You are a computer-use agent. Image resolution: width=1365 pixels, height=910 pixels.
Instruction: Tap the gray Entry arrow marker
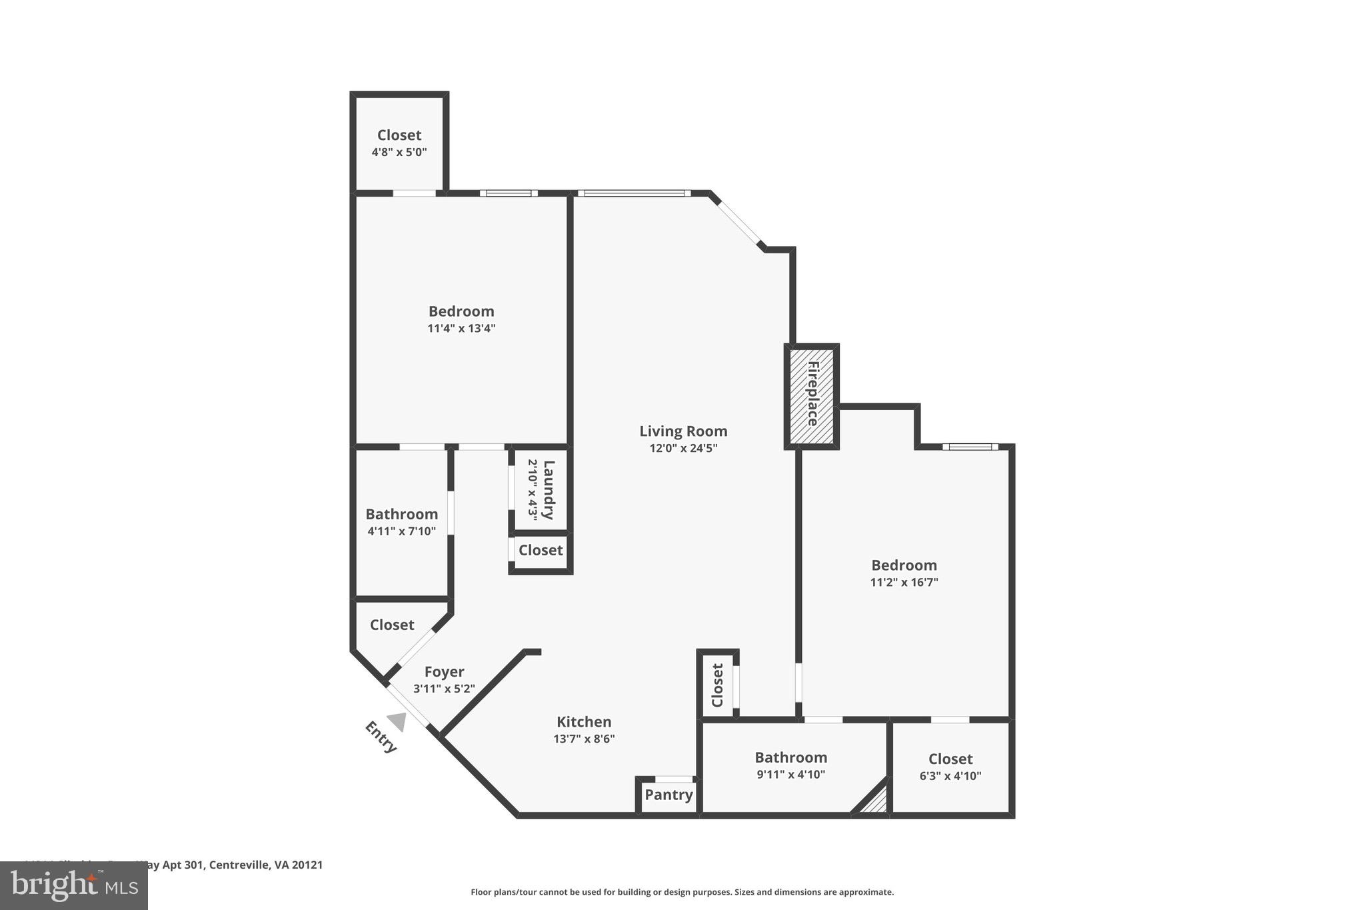click(x=397, y=721)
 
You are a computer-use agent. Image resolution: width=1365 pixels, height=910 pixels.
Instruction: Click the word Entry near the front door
click(x=381, y=737)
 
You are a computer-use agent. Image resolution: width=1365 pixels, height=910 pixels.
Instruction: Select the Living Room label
click(x=683, y=431)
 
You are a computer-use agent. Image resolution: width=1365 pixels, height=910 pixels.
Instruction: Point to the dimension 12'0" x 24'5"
click(x=683, y=449)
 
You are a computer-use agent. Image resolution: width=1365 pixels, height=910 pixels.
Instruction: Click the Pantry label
click(x=669, y=795)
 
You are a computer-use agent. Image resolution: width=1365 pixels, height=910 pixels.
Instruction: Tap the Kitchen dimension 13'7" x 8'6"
click(x=584, y=739)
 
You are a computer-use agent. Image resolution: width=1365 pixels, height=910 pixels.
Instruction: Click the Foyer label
click(x=444, y=672)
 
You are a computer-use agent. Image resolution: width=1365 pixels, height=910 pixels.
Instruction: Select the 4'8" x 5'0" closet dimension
click(x=399, y=152)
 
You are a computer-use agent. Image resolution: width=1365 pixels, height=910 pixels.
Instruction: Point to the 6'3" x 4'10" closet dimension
click(x=950, y=776)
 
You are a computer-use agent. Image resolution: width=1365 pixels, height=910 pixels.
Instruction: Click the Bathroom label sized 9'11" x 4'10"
click(x=790, y=757)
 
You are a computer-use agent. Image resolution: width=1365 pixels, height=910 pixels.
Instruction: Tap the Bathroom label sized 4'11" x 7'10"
click(x=401, y=515)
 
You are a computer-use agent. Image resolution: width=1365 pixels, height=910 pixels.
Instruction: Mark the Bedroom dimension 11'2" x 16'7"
click(x=904, y=582)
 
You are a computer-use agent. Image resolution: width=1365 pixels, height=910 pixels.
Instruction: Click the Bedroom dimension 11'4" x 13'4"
click(x=461, y=329)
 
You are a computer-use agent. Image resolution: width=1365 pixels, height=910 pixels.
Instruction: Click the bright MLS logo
click(x=73, y=886)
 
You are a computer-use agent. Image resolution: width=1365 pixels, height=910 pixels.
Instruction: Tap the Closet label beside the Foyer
click(x=392, y=625)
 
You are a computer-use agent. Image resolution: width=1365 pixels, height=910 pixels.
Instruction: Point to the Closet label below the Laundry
click(x=541, y=550)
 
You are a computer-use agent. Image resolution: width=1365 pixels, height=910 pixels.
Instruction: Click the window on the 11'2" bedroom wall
click(x=970, y=447)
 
